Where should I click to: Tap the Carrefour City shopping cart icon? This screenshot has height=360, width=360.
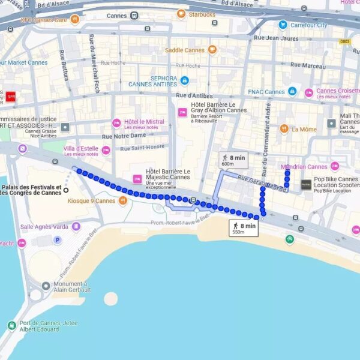click(283, 25)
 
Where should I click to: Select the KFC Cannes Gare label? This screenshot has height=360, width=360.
click(44, 20)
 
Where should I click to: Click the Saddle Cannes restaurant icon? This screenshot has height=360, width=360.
click(212, 50)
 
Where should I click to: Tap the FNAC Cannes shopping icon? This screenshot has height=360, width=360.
click(292, 91)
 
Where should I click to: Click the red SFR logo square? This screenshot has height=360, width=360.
click(10, 96)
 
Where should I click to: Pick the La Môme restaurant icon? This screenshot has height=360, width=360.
click(284, 129)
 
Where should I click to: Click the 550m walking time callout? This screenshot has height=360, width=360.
click(244, 228)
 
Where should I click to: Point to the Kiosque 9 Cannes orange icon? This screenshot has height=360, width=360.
click(122, 201)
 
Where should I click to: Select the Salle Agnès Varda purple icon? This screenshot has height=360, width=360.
click(76, 227)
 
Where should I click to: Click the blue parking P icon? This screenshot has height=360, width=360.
click(58, 240)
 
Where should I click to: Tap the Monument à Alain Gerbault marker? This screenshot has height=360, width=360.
click(46, 286)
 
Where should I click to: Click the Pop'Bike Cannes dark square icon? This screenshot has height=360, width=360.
click(306, 184)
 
